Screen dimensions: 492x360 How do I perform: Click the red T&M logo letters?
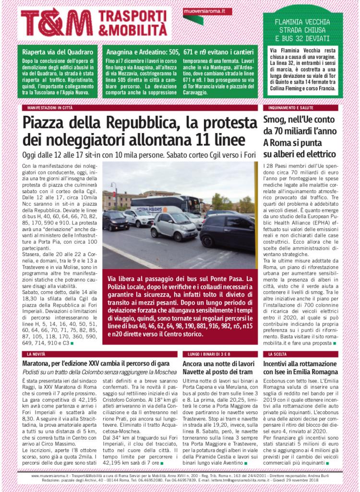coord(57,22)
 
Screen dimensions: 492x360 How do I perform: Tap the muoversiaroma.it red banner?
coord(207,11)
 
